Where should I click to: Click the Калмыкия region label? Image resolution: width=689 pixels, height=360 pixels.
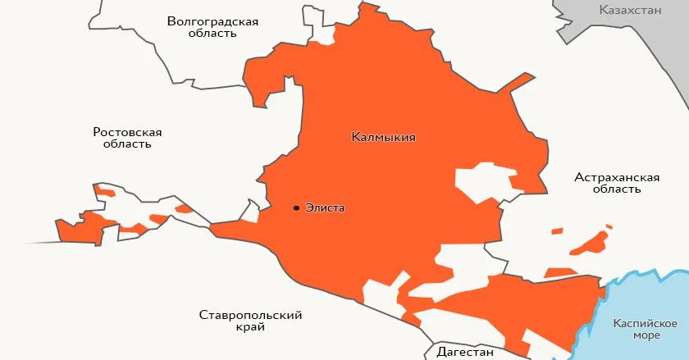click(383, 138)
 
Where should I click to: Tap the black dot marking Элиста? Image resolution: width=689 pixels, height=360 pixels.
click(295, 208)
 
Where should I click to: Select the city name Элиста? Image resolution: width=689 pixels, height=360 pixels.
click(325, 208)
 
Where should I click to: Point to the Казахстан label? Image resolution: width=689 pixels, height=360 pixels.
click(630, 11)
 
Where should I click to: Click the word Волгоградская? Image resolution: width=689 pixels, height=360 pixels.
click(212, 21)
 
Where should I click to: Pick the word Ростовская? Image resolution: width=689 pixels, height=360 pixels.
click(127, 131)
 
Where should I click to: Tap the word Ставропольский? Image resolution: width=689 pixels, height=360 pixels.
click(251, 315)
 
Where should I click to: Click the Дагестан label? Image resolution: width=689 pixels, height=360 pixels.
click(465, 353)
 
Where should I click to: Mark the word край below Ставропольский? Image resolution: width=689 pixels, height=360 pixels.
click(249, 327)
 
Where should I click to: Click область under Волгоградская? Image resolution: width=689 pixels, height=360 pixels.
click(212, 34)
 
